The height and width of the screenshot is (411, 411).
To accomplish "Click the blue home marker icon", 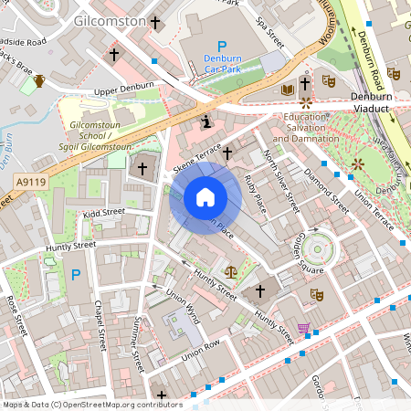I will (205, 197).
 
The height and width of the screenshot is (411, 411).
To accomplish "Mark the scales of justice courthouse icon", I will (230, 271).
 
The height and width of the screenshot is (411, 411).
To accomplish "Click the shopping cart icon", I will (303, 328).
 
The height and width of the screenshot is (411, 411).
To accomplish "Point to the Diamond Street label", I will (327, 186).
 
